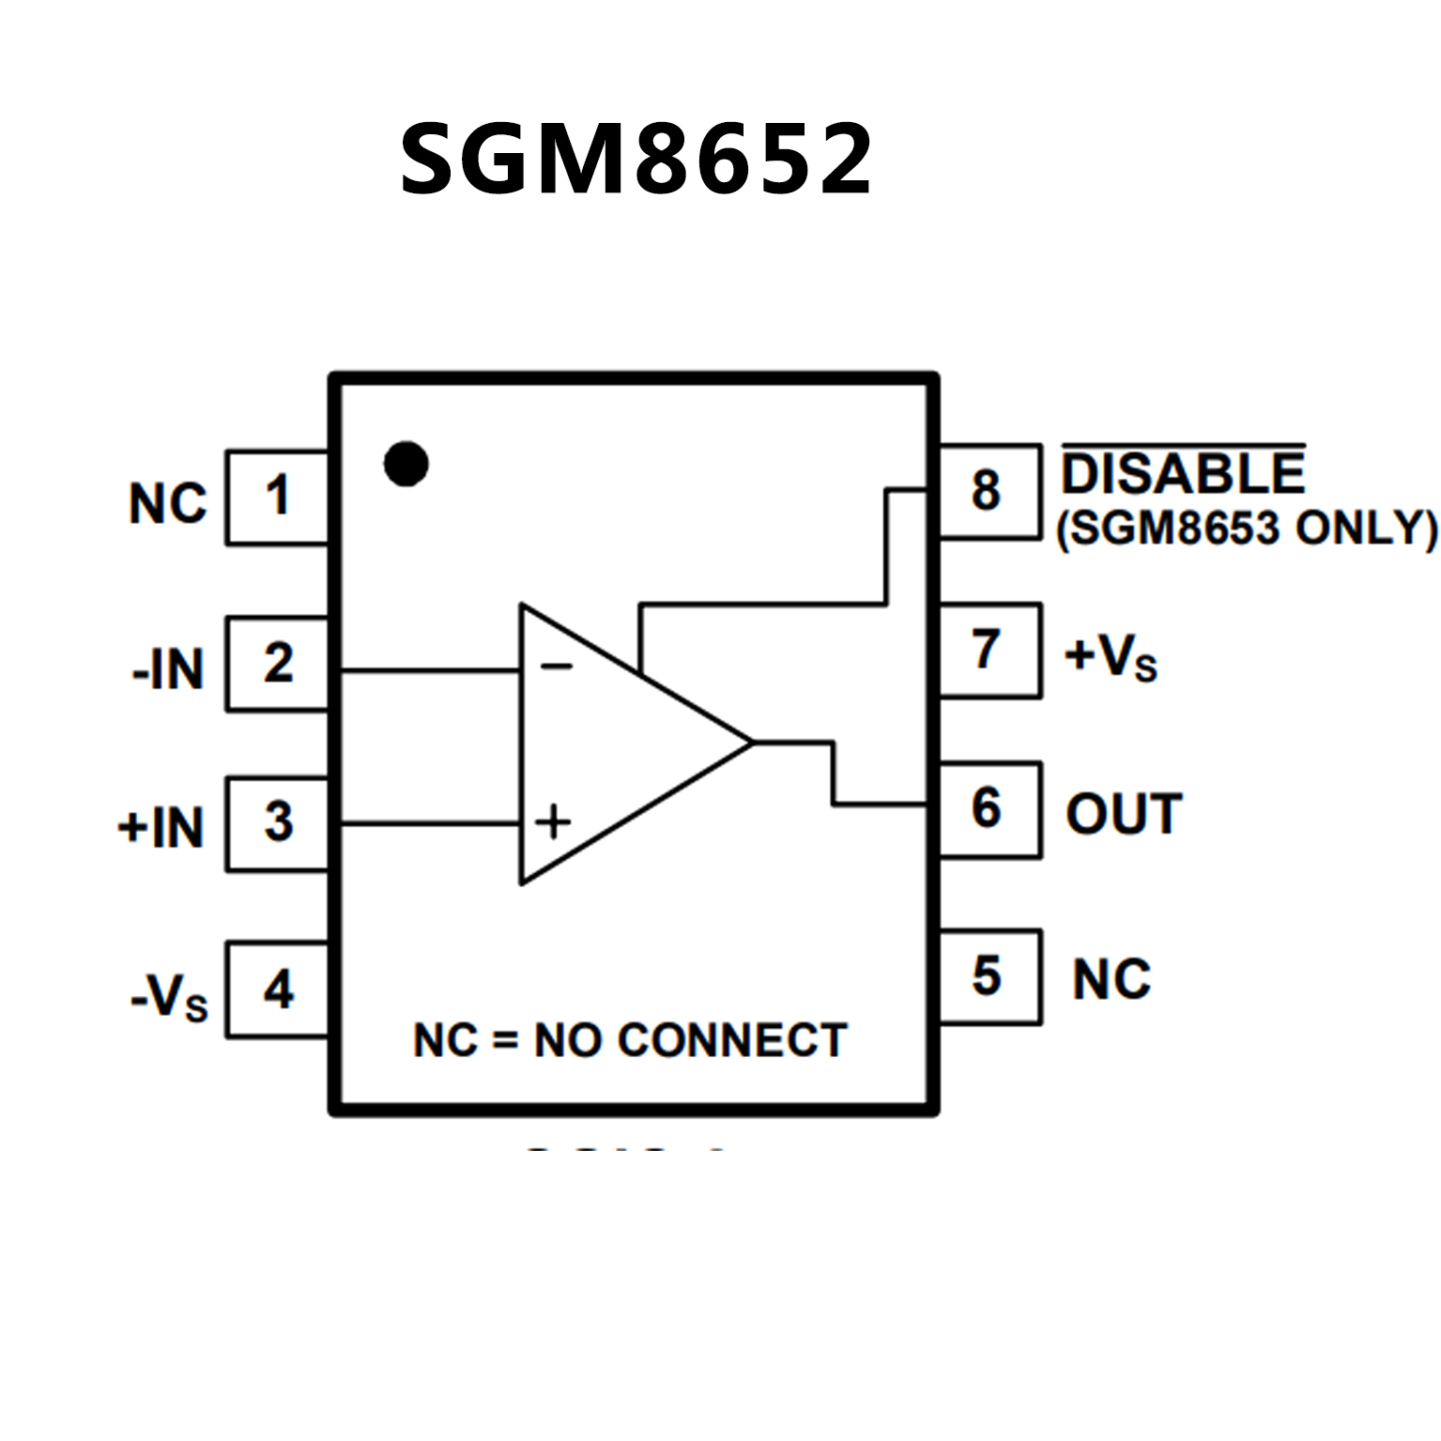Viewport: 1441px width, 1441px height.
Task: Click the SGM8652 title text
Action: (636, 160)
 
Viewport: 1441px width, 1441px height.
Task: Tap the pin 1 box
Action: (277, 498)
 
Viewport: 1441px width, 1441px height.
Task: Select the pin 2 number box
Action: (277, 664)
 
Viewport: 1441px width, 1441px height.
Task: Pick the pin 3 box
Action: (277, 823)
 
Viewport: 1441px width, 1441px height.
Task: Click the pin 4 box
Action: (277, 989)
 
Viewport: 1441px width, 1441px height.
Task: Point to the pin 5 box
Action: (989, 976)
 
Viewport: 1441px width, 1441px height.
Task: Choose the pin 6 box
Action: (989, 809)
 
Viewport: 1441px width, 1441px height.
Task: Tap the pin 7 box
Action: (989, 650)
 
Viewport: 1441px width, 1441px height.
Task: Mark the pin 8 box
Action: (989, 491)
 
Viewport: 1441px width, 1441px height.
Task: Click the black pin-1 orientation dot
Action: (406, 464)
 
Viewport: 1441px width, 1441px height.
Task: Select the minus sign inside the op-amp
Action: (556, 667)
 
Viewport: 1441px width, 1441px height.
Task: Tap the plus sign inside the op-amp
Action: (553, 821)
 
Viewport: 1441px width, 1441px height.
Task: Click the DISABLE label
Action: (1183, 474)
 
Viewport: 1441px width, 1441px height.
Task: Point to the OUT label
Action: (1124, 814)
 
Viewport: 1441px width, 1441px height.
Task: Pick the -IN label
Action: (169, 670)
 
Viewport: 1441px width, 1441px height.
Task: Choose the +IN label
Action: (161, 828)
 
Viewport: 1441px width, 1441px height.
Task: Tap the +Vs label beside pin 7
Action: (1111, 656)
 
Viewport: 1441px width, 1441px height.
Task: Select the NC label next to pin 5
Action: (1111, 980)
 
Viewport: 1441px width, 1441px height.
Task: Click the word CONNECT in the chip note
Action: (732, 1040)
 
